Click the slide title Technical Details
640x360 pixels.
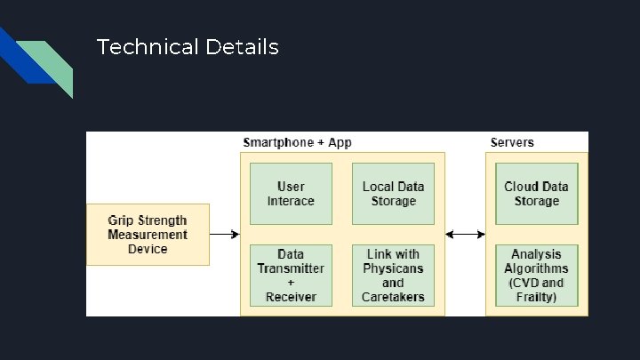coord(187,46)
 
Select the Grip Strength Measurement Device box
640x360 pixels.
coord(148,235)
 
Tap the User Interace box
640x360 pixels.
coord(291,194)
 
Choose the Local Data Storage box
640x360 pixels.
coord(393,194)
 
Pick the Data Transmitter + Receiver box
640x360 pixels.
coord(291,276)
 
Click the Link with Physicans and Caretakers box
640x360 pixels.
coord(393,276)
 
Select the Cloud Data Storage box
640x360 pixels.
coord(536,194)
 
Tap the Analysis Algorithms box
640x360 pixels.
coord(536,276)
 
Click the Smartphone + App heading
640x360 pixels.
coord(297,142)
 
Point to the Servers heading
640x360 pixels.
coord(512,142)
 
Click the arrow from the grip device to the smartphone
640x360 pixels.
coord(225,235)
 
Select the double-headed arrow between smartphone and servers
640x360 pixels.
coord(465,235)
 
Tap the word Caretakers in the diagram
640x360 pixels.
coord(393,297)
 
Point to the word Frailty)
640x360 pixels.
coord(536,297)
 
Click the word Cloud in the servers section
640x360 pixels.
coord(522,187)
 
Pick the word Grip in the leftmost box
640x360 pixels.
coord(124,220)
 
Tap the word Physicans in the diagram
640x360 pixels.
coord(393,268)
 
